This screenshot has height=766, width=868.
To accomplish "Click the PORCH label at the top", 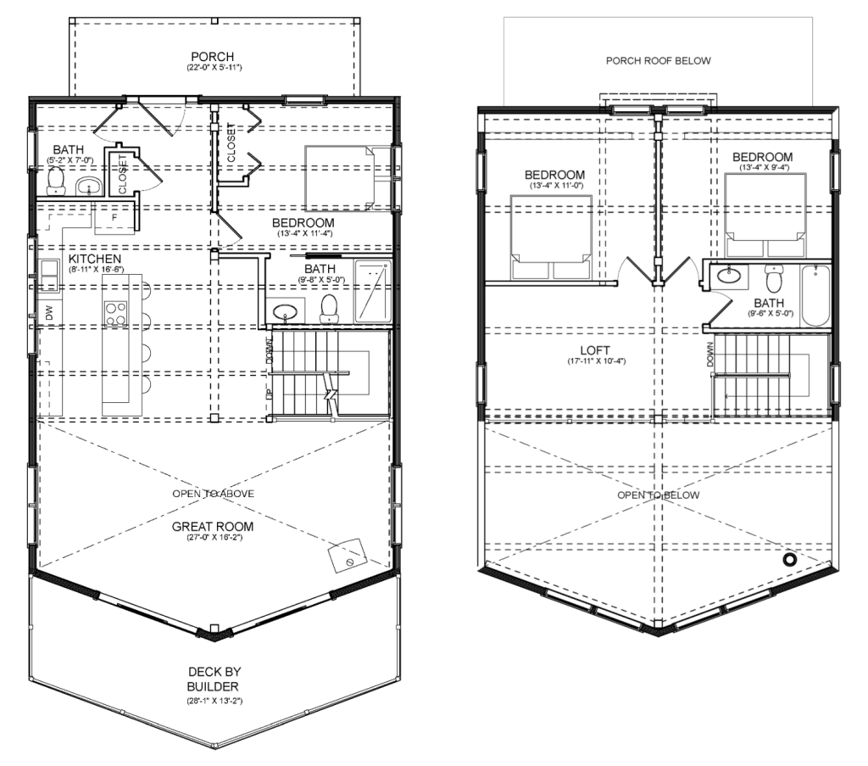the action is (x=213, y=57).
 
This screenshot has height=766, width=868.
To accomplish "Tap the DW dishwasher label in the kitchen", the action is (x=50, y=314).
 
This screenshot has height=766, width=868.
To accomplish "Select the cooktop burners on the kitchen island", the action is (x=116, y=314).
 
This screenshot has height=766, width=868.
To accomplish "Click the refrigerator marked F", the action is (x=114, y=218).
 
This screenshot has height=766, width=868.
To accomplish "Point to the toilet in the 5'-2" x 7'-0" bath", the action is (x=56, y=182).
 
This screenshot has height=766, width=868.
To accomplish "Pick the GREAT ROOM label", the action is (x=213, y=527).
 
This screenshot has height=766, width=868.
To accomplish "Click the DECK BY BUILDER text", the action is (x=214, y=679).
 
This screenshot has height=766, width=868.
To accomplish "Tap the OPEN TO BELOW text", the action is (x=658, y=495).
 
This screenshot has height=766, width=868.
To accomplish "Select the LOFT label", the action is (x=595, y=350).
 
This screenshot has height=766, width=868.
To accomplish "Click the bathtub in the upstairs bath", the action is (x=816, y=295).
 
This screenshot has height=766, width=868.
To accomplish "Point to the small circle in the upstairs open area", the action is (x=789, y=560).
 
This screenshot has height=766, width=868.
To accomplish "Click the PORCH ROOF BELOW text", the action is (x=658, y=61).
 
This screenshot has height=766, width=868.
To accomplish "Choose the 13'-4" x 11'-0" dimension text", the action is (x=554, y=186).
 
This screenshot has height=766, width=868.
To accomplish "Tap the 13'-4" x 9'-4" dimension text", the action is (x=762, y=167).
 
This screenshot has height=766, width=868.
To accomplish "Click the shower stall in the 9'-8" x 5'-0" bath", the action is (x=373, y=291).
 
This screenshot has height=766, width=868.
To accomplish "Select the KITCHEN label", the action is (x=95, y=259).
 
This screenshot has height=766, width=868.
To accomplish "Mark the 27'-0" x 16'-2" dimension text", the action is (x=214, y=538).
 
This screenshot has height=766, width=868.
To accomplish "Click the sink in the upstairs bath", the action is (x=728, y=275).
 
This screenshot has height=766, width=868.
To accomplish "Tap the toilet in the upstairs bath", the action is (x=773, y=278).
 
